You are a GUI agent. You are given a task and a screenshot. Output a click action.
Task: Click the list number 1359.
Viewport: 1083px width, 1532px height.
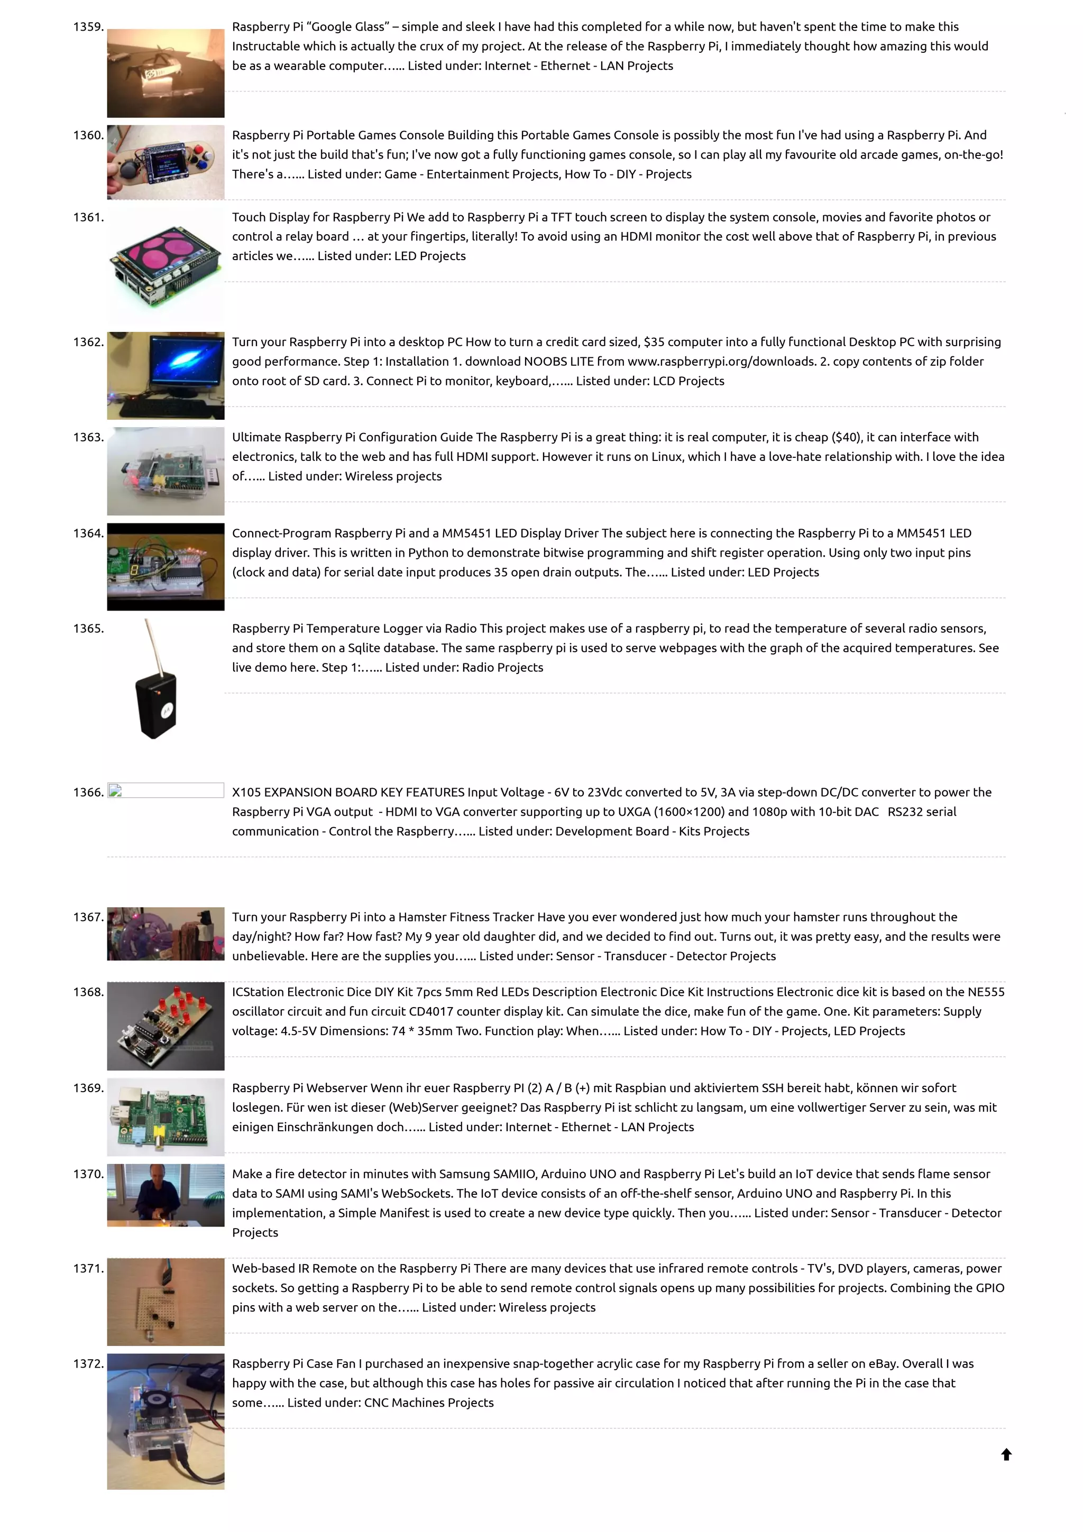[88, 26]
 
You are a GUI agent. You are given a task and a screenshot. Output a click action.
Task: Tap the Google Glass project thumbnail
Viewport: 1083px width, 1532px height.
[166, 73]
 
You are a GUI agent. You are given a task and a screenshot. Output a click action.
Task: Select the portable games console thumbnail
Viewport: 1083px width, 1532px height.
[166, 162]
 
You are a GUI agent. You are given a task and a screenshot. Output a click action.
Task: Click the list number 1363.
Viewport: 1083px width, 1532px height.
[88, 437]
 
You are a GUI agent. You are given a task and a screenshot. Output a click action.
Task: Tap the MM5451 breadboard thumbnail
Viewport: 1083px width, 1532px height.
[166, 567]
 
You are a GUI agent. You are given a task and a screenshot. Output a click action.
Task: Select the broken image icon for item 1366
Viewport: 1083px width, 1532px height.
[115, 791]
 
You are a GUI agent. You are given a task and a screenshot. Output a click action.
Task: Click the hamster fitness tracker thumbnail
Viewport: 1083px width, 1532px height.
[166, 934]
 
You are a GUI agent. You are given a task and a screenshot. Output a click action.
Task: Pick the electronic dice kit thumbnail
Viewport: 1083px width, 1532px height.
[166, 1026]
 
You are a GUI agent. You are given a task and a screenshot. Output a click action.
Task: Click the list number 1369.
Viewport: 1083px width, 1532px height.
[88, 1087]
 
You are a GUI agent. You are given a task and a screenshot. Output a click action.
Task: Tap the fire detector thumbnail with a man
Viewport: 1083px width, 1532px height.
[166, 1195]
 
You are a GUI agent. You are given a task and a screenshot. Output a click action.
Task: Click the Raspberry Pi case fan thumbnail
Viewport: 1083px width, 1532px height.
[166, 1421]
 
